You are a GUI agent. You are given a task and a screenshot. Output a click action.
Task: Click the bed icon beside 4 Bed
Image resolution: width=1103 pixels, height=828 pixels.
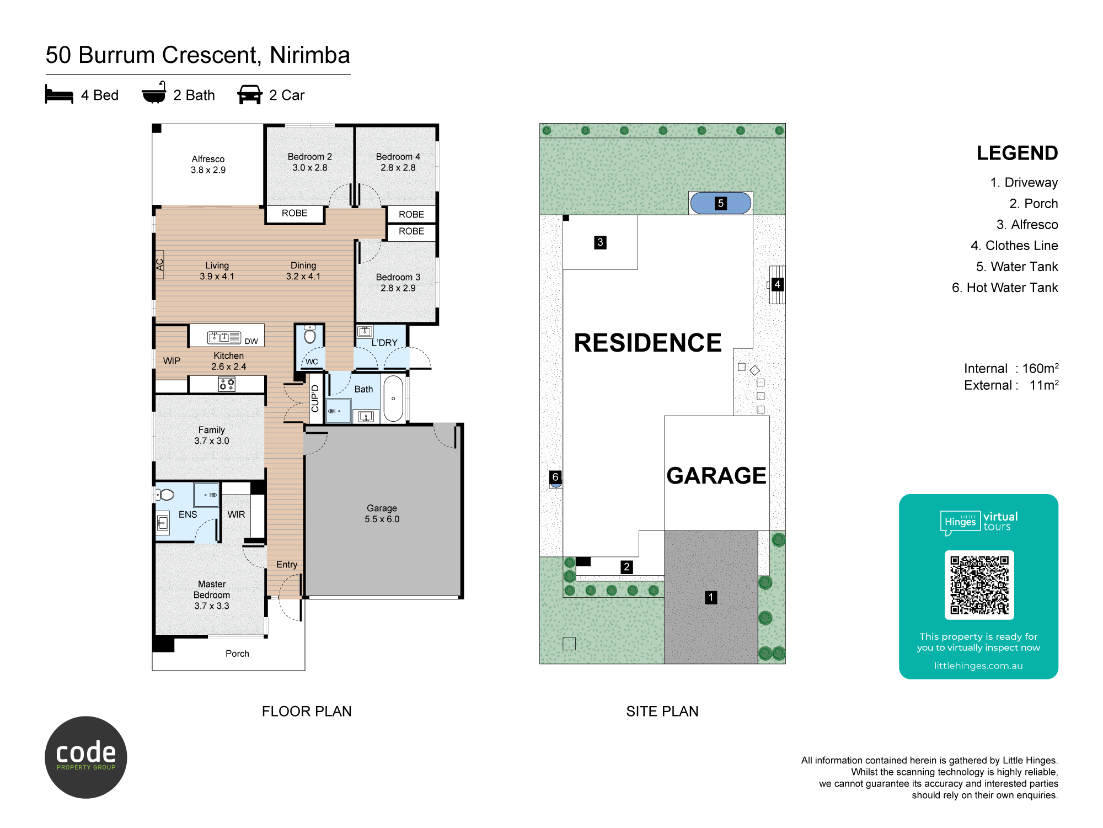pyautogui.click(x=59, y=94)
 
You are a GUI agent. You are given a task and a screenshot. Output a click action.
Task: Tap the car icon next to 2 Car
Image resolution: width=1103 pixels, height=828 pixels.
pyautogui.click(x=249, y=94)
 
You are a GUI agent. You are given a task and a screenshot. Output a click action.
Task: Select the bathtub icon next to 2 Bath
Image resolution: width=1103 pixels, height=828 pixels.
pyautogui.click(x=154, y=93)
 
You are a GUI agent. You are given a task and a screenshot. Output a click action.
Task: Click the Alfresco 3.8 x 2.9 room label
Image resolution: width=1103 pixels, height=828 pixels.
pyautogui.click(x=208, y=164)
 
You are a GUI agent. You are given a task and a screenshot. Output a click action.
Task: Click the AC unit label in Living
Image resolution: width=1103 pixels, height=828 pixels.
pyautogui.click(x=160, y=265)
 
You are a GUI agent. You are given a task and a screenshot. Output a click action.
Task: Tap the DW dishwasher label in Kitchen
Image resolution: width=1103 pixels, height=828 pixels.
pyautogui.click(x=251, y=341)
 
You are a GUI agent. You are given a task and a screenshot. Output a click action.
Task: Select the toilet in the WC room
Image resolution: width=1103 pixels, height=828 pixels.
pyautogui.click(x=310, y=335)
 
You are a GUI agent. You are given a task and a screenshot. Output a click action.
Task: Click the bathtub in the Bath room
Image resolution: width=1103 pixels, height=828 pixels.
pyautogui.click(x=393, y=399)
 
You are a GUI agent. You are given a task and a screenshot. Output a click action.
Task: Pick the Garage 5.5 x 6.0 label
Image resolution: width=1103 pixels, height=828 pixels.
pyautogui.click(x=382, y=513)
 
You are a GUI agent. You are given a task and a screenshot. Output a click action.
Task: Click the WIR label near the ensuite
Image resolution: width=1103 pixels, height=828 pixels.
pyautogui.click(x=236, y=514)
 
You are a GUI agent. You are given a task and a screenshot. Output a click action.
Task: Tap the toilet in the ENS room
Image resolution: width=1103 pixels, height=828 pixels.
pyautogui.click(x=165, y=495)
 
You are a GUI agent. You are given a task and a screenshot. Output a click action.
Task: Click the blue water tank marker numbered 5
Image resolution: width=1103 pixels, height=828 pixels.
pyautogui.click(x=720, y=203)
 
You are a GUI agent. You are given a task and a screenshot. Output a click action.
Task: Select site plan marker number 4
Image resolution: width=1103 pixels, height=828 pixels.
pyautogui.click(x=777, y=284)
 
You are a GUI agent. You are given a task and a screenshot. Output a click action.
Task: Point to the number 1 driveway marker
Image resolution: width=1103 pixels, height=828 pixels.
pyautogui.click(x=711, y=597)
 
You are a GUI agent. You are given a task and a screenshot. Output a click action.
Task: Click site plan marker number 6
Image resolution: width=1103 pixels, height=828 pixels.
pyautogui.click(x=555, y=477)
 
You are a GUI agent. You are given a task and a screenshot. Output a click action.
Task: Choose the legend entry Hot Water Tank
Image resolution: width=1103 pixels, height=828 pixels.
pyautogui.click(x=1005, y=288)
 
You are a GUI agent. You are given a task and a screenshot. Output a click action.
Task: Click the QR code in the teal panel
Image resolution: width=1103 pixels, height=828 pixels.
pyautogui.click(x=979, y=585)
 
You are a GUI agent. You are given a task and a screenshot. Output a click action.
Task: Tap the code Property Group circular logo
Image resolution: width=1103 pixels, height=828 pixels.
pyautogui.click(x=86, y=757)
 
